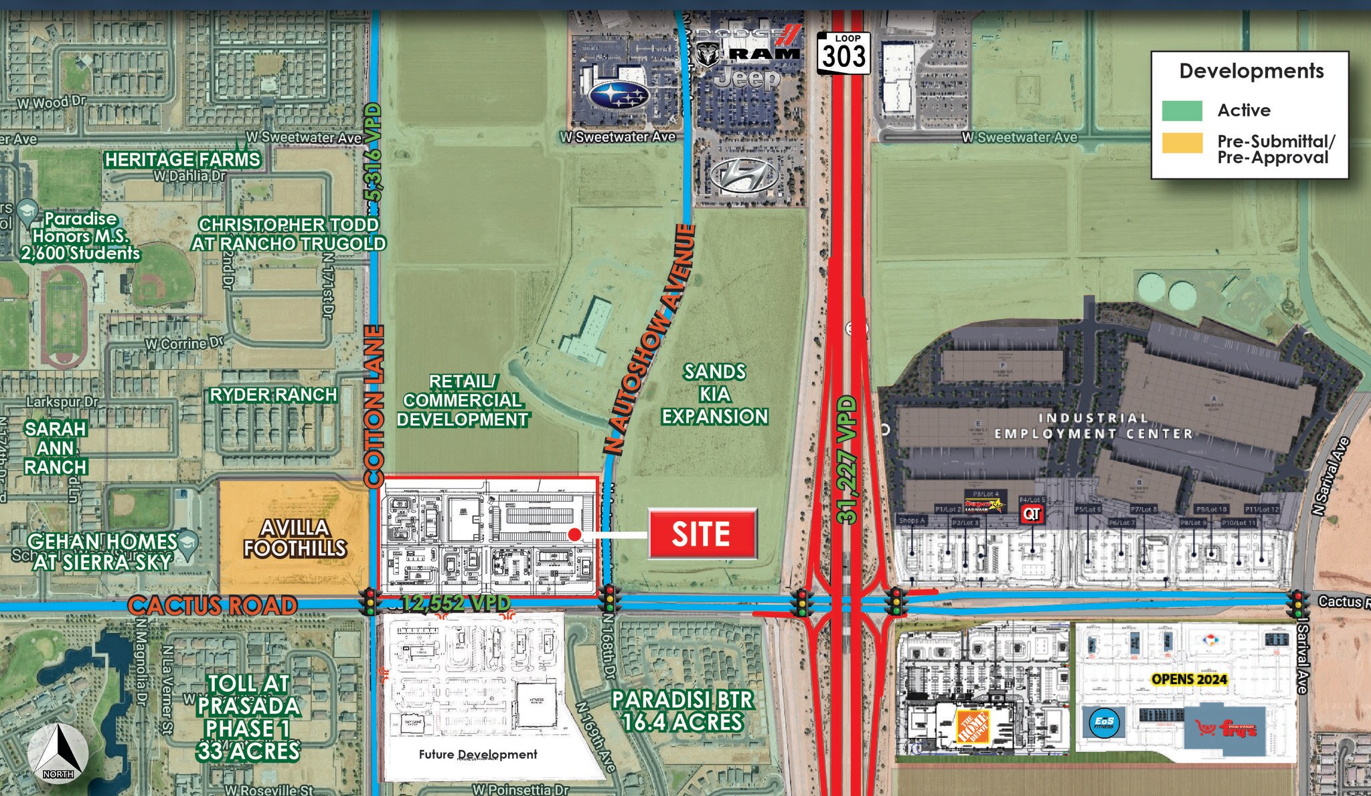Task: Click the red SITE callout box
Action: (702, 533)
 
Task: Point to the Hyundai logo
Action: (744, 176)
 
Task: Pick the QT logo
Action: (1032, 513)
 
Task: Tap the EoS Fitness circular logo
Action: (1104, 722)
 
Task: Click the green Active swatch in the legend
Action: (1182, 110)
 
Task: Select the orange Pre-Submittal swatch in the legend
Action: (1182, 142)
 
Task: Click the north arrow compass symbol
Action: (60, 753)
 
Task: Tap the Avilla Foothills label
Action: (295, 538)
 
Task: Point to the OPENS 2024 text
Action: (1189, 679)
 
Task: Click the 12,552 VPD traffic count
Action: (456, 603)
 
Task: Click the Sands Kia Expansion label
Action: (714, 394)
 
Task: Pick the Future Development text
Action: (478, 755)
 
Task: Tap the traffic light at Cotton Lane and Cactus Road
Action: (368, 601)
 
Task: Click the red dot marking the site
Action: (574, 534)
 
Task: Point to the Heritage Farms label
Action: (182, 160)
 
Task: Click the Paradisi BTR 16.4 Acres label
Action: (682, 711)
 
